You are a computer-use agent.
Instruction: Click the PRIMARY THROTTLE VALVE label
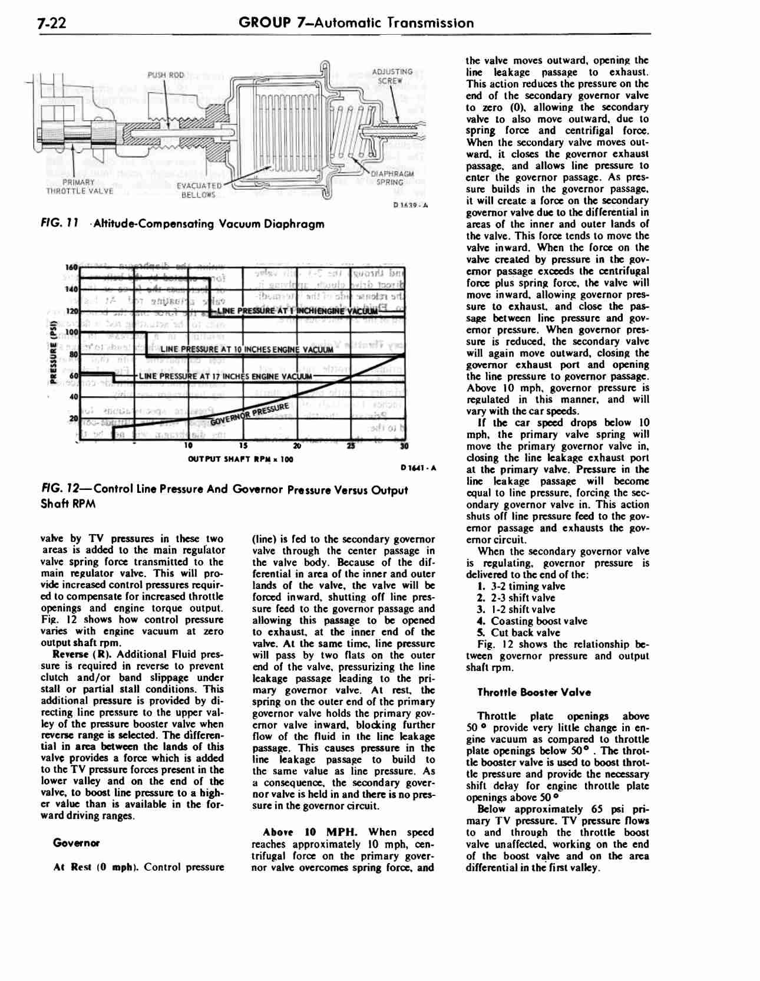pyautogui.click(x=79, y=186)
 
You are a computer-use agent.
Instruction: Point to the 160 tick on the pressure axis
pyautogui.click(x=72, y=268)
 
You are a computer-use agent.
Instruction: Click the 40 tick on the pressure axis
pyautogui.click(x=74, y=396)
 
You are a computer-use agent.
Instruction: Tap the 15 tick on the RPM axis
pyautogui.click(x=245, y=446)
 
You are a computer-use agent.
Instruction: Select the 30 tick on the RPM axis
pyautogui.click(x=404, y=446)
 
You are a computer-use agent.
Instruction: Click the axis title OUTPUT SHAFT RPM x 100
pyautogui.click(x=240, y=459)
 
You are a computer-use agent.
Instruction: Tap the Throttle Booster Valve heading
pyautogui.click(x=534, y=692)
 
